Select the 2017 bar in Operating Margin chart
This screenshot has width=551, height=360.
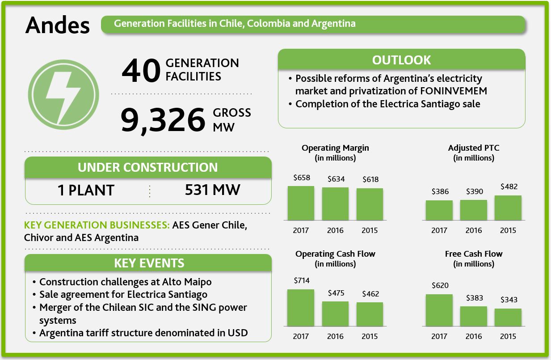coord(301,203)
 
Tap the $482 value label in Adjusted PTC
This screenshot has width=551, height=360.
coord(509,186)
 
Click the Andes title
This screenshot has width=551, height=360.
coord(58,25)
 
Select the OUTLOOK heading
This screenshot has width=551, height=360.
coord(401,60)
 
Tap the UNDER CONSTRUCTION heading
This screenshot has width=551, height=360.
coord(148,167)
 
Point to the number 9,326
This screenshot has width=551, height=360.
coord(162,120)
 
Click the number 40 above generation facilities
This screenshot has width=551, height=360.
coord(141,71)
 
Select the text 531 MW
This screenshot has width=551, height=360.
coord(212,190)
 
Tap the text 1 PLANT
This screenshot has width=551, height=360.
coord(86,191)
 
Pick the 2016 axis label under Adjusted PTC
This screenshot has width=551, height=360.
coord(474,231)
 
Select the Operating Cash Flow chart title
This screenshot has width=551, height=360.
coord(335,254)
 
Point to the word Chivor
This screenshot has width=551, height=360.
coord(39,237)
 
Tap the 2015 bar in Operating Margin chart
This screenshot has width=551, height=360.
coord(370,204)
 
